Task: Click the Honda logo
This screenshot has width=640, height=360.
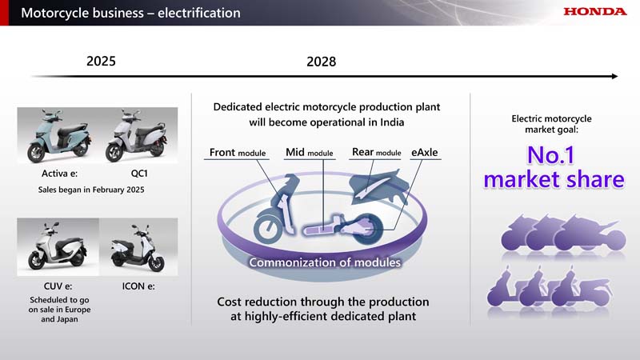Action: [594, 11]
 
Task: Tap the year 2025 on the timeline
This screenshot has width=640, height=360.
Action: [101, 62]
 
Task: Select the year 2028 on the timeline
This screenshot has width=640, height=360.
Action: [322, 62]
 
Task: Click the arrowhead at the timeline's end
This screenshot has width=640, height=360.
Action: [615, 76]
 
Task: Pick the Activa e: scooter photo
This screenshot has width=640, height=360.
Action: [58, 135]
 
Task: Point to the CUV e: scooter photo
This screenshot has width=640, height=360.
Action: [58, 247]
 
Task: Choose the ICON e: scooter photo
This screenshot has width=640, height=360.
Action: [138, 247]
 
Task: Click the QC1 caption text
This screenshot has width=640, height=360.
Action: [139, 174]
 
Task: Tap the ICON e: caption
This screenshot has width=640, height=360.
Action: [138, 286]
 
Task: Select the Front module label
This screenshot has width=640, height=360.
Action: [237, 153]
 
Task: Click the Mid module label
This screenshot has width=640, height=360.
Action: [310, 153]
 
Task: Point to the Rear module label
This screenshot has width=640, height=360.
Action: [376, 152]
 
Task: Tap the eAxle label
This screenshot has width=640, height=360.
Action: [425, 152]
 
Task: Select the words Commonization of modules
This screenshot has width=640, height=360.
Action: [325, 262]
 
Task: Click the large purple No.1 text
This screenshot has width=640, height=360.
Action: [550, 155]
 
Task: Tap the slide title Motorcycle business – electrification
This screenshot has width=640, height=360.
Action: [130, 13]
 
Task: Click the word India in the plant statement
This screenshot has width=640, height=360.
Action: [392, 122]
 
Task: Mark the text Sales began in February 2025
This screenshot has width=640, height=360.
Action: [91, 190]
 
